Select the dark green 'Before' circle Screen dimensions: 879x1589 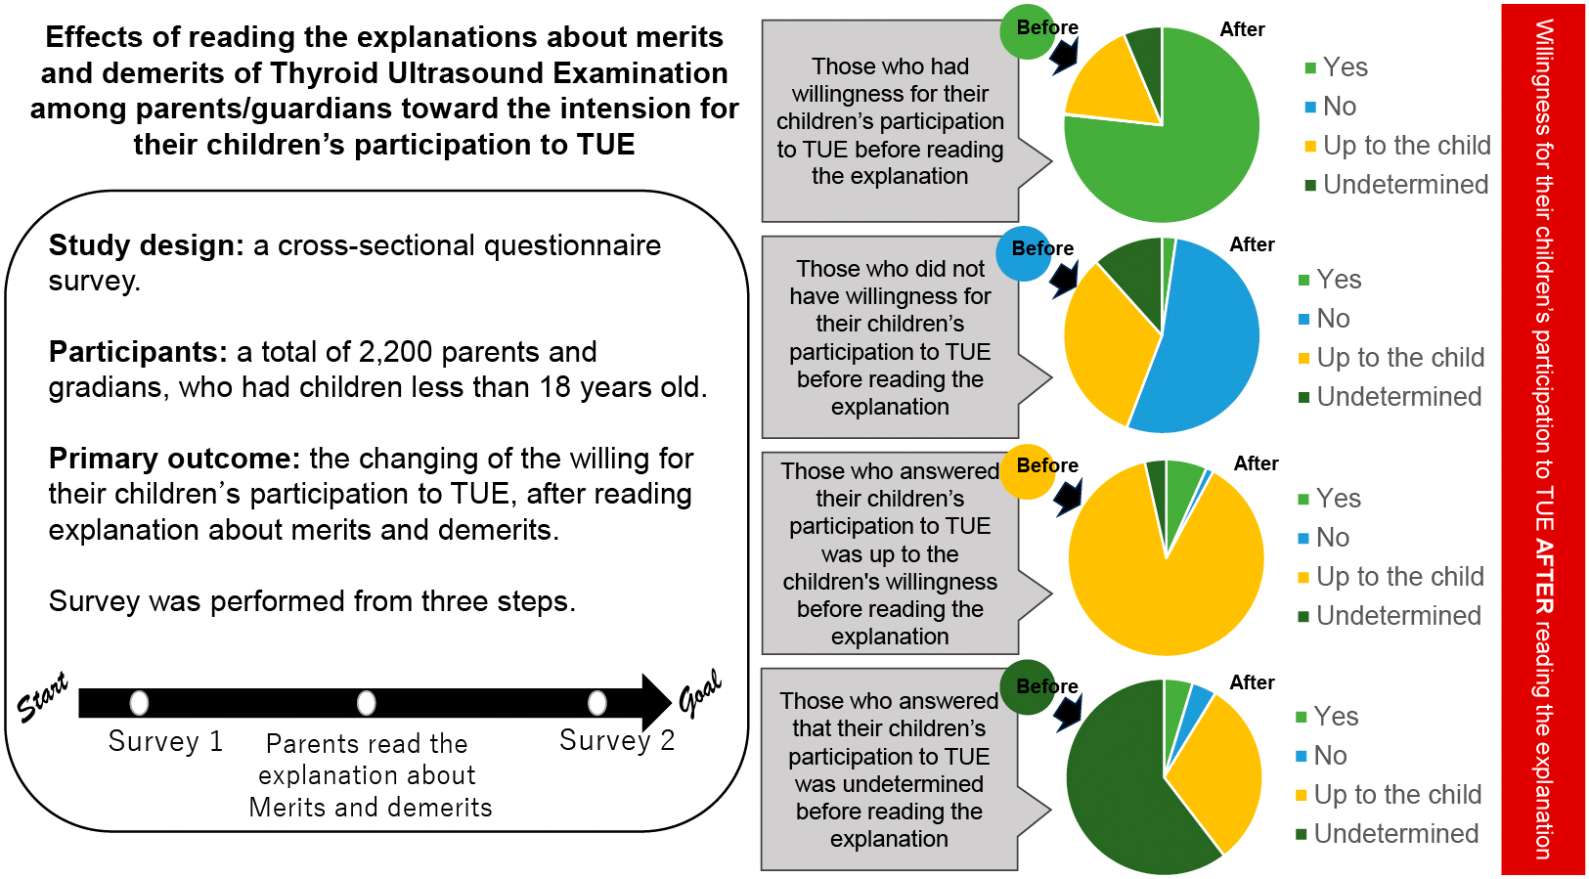[1027, 688]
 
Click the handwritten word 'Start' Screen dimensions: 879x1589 [43, 696]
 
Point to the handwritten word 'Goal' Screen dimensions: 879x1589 [700, 692]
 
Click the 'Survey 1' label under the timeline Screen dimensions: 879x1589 [165, 741]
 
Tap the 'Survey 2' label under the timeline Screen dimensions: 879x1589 [617, 740]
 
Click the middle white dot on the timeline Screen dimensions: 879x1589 [366, 702]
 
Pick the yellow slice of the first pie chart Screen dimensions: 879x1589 [1110, 83]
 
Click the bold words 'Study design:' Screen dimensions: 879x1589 [146, 245]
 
